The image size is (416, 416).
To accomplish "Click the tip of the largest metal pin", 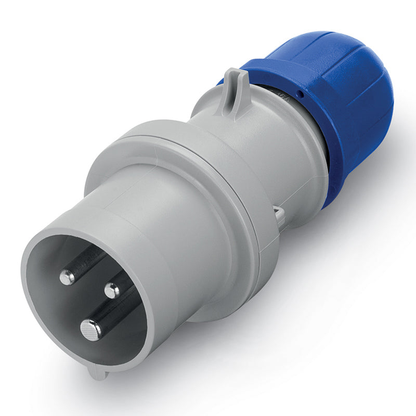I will tap(90, 330).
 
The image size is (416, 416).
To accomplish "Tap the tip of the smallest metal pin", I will tap(111, 291).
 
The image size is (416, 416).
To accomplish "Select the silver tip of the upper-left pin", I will tap(67, 278).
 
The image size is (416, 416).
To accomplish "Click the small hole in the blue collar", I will tap(301, 95).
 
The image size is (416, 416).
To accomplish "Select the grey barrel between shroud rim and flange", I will tap(172, 218).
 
